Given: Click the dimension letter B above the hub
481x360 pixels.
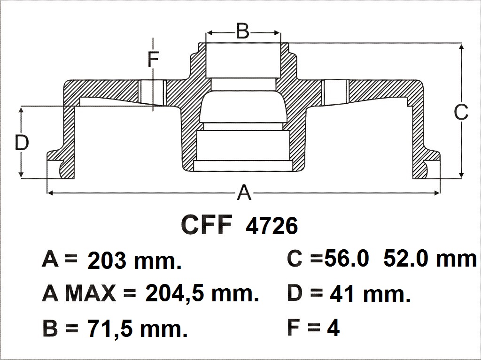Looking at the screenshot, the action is pyautogui.click(x=243, y=31).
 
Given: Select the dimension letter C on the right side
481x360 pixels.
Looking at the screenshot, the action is pyautogui.click(x=461, y=112).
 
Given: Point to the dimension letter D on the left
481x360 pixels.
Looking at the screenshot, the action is pyautogui.click(x=22, y=143).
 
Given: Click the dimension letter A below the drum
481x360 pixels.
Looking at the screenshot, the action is pyautogui.click(x=244, y=192).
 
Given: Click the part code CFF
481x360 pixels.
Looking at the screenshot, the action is pyautogui.click(x=207, y=225).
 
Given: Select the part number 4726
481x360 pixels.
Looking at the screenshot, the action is pyautogui.click(x=272, y=226).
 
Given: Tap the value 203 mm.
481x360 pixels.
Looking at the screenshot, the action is pyautogui.click(x=134, y=261).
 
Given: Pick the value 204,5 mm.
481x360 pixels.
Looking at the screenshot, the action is pyautogui.click(x=202, y=293).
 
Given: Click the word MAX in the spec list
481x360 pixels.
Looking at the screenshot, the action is pyautogui.click(x=91, y=293).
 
